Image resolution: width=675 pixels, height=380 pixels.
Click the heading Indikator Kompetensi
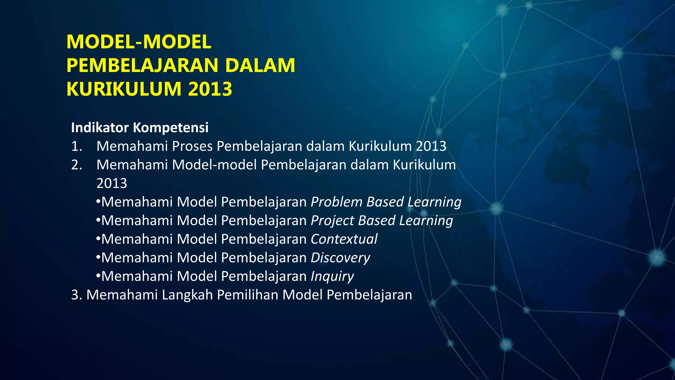pyautogui.click(x=140, y=128)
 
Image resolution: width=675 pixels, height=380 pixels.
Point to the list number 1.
pyautogui.click(x=76, y=146)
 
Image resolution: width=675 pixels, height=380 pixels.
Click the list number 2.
pyautogui.click(x=76, y=165)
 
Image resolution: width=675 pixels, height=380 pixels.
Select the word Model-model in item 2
pyautogui.click(x=214, y=165)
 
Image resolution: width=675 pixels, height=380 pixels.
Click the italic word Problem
pyautogui.click(x=336, y=202)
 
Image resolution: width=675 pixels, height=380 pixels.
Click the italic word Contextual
pyautogui.click(x=344, y=239)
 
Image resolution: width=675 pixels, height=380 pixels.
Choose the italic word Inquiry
pyautogui.click(x=332, y=276)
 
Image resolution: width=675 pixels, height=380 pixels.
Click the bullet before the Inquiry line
pyautogui.click(x=98, y=276)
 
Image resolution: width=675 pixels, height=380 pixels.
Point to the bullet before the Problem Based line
pyautogui.click(x=98, y=202)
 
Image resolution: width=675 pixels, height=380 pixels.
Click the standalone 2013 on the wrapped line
pyautogui.click(x=111, y=183)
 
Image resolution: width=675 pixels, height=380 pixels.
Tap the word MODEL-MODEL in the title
pyautogui.click(x=139, y=42)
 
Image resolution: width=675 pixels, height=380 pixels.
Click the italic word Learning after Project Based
pyautogui.click(x=426, y=221)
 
